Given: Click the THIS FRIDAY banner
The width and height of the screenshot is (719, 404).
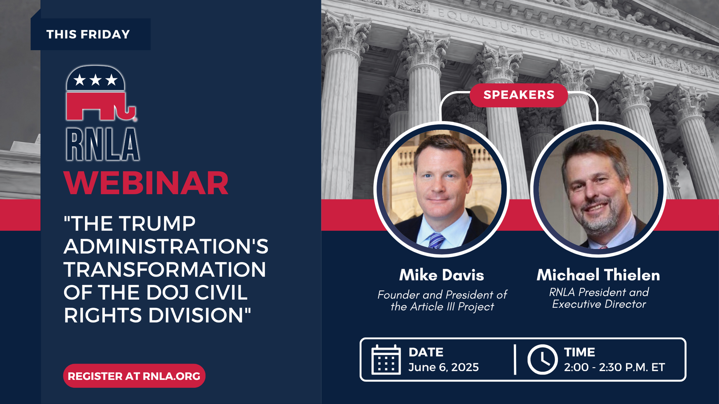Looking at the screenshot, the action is point(91,34).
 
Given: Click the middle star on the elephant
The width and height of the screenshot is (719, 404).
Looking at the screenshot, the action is point(95,80).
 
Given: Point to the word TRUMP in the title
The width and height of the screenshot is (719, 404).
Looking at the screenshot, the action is point(158,224).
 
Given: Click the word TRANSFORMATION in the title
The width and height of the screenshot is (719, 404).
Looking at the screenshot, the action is point(165,269).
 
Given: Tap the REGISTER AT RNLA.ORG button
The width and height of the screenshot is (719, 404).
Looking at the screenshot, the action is point(134,376).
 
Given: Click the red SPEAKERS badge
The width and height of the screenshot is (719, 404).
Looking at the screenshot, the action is point(519,95).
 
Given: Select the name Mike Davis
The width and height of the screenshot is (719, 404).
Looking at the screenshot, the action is point(442,275).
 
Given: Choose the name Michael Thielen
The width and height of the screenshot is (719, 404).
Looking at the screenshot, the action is point(598,275).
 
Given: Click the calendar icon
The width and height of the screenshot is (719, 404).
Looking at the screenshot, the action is point(386,360).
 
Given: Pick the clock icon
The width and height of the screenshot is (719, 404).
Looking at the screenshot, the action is point(542,360).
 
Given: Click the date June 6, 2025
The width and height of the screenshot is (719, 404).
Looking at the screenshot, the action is point(443,367).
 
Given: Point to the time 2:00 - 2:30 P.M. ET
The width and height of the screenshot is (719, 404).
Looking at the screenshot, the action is point(614,367).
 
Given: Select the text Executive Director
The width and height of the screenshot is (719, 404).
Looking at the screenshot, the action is point(599,304).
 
